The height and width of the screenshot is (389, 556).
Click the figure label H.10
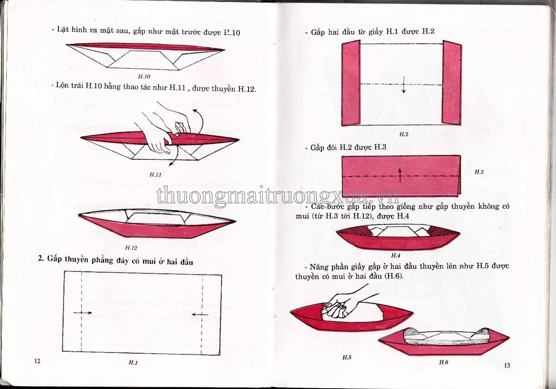coord(144,76)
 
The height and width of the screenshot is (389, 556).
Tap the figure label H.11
coord(155,174)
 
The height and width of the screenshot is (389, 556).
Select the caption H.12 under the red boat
coord(131,248)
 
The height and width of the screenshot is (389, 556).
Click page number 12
coord(37,361)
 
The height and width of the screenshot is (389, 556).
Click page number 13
coord(507,366)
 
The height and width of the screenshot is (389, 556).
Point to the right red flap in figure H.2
coord(452,83)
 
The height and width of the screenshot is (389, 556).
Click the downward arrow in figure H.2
coord(404,85)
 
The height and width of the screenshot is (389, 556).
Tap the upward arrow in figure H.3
coord(400,176)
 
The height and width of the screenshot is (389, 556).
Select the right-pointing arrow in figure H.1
coord(83,313)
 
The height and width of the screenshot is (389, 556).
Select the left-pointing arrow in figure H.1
coord(200,314)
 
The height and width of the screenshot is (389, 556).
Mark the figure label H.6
coord(444,362)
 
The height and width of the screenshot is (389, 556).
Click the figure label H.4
coord(396,255)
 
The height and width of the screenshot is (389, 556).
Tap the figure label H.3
coord(479,172)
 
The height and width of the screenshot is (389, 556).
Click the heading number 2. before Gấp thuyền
coord(41,258)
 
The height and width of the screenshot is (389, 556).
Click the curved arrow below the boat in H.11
coord(174,156)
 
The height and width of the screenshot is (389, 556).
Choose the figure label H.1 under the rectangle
coord(133,363)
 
